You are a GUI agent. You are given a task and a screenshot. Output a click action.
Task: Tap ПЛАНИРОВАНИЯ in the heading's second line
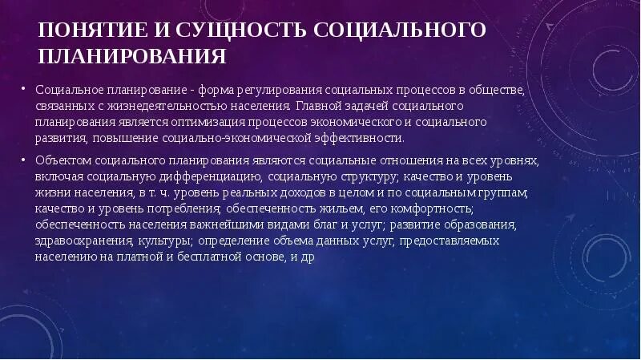click(x=132, y=56)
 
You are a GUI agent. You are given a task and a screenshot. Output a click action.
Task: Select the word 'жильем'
click(x=329, y=208)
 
